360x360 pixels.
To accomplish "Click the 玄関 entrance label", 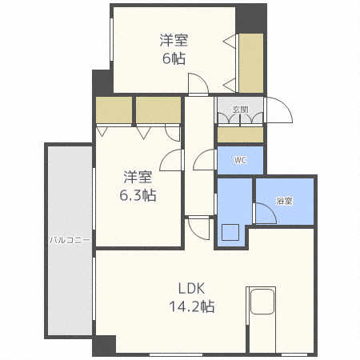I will pos(240,109).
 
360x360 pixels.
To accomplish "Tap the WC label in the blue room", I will pos(240,159).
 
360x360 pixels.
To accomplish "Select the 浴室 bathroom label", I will pos(284,201).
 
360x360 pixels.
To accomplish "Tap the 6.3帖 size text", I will pos(137,194).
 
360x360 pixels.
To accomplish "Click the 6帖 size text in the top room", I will pos(174,58).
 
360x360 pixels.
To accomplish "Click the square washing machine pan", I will pos(231,234).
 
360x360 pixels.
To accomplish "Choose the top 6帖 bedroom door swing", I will pos(198,82).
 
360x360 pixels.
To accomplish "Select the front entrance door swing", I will pos(278,109).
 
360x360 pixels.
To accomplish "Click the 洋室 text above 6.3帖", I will pos(137,177).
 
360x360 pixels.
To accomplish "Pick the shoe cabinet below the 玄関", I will pos(240,134).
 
